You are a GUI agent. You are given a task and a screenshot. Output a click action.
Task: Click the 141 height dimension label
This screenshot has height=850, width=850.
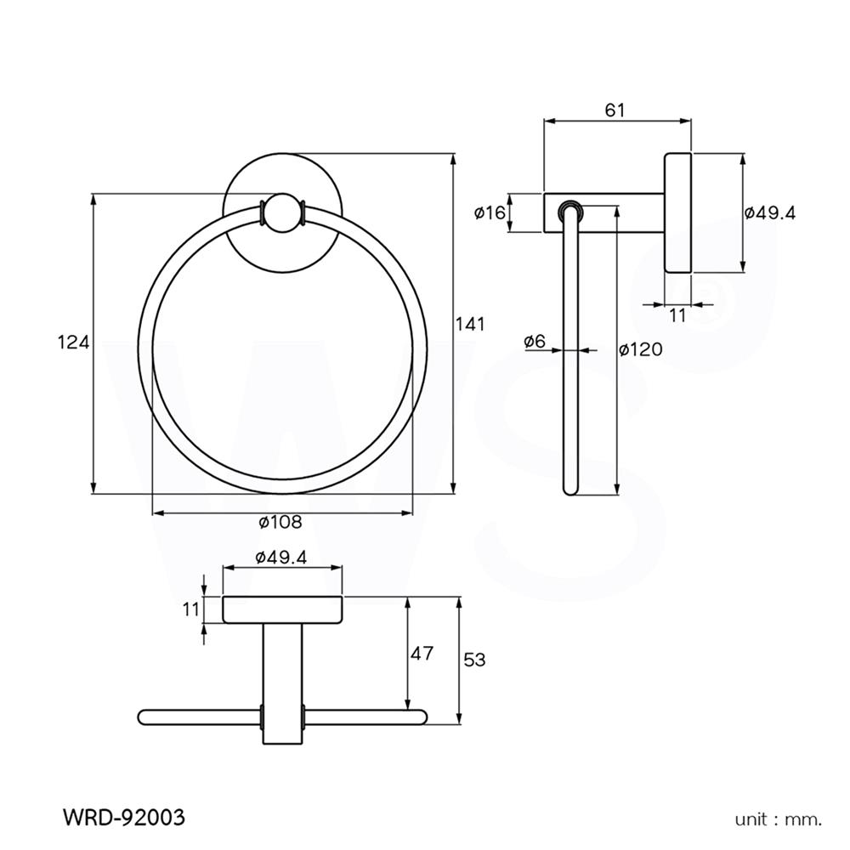pos(470,324)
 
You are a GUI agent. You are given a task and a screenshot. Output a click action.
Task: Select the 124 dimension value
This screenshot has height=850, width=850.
pos(72,343)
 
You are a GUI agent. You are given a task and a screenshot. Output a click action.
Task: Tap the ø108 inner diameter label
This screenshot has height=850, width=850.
pos(280,522)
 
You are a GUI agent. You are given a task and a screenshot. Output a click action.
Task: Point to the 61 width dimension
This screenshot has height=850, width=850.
pos(615,110)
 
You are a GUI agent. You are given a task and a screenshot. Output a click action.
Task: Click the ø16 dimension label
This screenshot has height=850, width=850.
pos(490,212)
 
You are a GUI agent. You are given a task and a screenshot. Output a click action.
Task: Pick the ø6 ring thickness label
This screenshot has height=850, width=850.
pos(535,341)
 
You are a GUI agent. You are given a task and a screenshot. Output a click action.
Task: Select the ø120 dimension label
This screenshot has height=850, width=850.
pos(640,349)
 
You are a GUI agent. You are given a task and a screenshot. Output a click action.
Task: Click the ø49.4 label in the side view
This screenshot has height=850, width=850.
pos(769,213)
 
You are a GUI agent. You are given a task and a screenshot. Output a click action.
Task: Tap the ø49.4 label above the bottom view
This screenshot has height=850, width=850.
pos(280,557)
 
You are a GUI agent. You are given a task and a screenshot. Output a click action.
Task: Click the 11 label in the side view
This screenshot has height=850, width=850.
pos(677,315)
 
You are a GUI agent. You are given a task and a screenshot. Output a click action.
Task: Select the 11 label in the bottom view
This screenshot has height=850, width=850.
pos(190,609)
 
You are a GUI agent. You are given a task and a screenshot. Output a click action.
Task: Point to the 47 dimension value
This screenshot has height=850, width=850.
pos(422,654)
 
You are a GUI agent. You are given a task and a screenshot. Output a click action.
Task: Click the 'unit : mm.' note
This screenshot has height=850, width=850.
pos(779,820)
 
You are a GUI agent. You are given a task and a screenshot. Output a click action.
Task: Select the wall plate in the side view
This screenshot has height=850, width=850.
pos(677,213)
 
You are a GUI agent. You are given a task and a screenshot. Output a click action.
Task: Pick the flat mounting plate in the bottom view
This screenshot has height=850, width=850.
pos(282,609)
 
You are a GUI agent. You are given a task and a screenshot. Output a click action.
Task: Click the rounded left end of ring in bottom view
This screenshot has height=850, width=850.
pos(144,717)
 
